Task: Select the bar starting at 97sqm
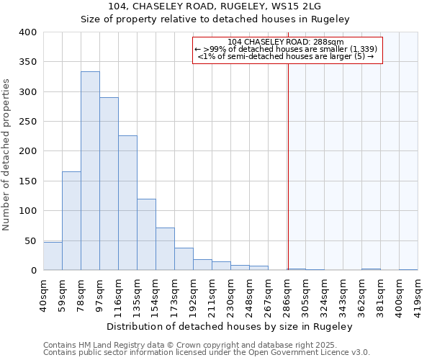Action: coord(109,184)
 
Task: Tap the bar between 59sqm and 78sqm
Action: coord(71,220)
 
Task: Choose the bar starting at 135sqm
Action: coord(146,235)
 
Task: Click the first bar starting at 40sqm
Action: coord(53,256)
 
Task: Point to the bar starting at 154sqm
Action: coord(165,249)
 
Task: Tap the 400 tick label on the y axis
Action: coord(27,32)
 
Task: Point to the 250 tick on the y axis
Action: coord(27,122)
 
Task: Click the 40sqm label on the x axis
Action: coord(44,294)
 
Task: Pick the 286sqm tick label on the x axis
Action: coord(287,294)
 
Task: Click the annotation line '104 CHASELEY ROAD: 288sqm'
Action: coord(286,42)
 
